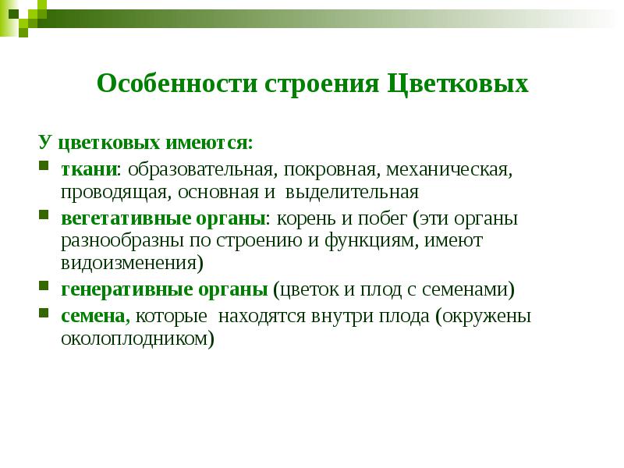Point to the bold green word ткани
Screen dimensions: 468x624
coord(88,168)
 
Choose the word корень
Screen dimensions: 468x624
coord(310,218)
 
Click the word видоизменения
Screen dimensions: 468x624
coord(130,263)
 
